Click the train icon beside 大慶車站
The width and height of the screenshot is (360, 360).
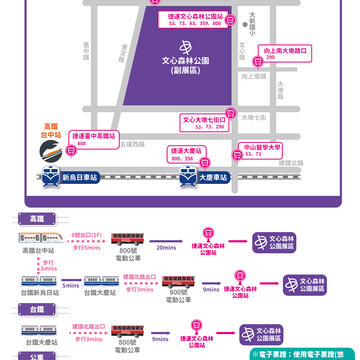click(186, 176)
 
